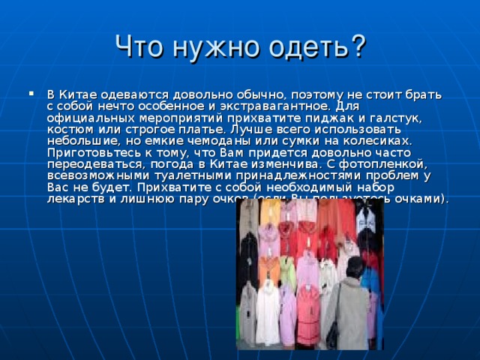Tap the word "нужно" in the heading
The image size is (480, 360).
point(212,47)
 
